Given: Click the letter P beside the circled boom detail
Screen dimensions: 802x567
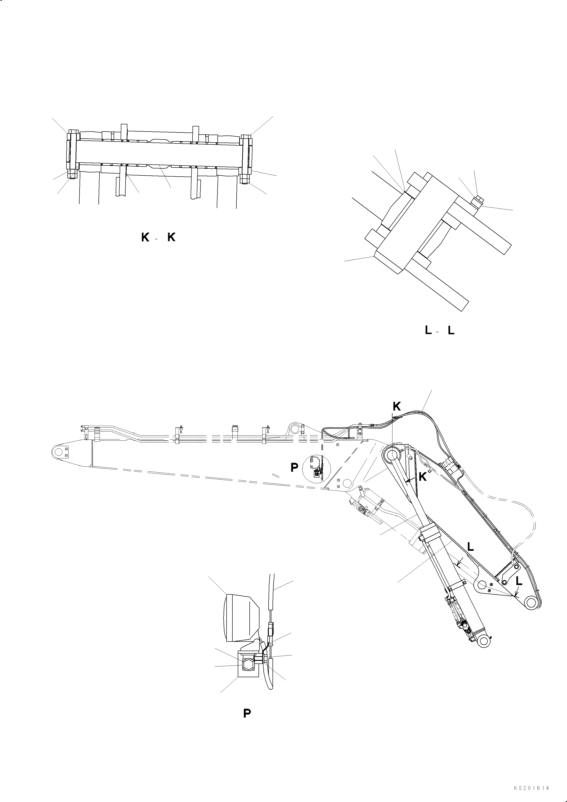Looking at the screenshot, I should [294, 468].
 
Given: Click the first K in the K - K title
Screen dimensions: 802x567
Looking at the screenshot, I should [145, 237].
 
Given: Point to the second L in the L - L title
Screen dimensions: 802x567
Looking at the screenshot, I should [451, 331].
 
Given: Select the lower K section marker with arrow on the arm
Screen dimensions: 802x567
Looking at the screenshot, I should [422, 477].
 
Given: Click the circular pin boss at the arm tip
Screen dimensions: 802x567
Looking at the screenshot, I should [531, 603].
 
